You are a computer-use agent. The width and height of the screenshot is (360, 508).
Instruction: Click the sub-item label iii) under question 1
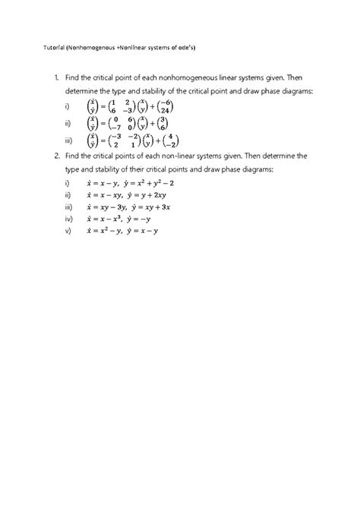coord(68,141)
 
